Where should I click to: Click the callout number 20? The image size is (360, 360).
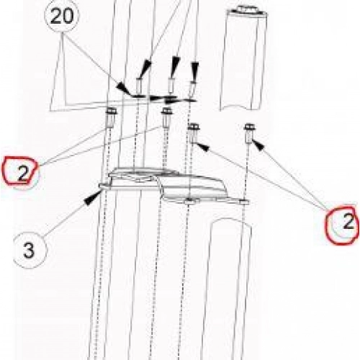(x=62, y=17)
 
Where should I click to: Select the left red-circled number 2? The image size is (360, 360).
(x=23, y=174)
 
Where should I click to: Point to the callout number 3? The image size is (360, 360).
(x=29, y=251)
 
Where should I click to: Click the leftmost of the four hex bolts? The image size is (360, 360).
(x=111, y=117)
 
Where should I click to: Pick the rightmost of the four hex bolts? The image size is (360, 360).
(x=249, y=133)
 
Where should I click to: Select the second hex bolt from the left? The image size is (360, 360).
(x=166, y=117)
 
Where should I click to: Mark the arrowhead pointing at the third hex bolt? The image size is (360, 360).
(x=203, y=147)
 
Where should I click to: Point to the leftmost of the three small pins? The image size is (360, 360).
(x=139, y=86)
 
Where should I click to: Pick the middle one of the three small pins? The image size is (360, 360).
(x=171, y=86)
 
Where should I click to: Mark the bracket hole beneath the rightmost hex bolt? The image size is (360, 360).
(x=244, y=202)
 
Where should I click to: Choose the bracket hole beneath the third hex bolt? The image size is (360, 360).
(x=189, y=200)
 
